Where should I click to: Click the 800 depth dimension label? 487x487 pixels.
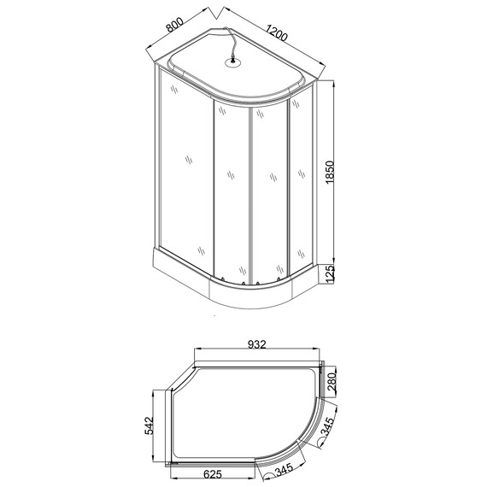pyautogui.click(x=175, y=25)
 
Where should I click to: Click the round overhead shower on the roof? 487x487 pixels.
pyautogui.click(x=231, y=61)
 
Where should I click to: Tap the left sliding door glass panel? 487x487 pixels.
pyautogui.click(x=230, y=192)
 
